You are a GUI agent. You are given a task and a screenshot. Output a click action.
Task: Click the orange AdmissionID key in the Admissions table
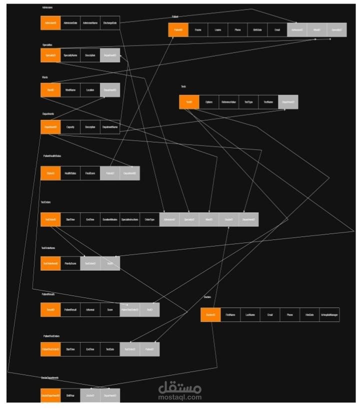click(50, 23)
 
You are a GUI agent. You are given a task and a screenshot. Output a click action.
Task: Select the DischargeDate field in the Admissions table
click(110, 23)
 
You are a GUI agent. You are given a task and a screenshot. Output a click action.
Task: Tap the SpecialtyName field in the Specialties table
click(70, 55)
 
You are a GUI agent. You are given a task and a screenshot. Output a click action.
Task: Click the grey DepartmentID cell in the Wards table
click(110, 90)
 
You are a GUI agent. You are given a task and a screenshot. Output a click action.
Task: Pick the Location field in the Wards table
click(90, 90)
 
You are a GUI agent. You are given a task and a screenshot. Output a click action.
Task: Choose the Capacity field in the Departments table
click(70, 127)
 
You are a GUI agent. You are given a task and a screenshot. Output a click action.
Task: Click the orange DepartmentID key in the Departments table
click(50, 127)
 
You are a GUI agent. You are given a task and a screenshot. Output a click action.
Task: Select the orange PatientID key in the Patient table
click(178, 30)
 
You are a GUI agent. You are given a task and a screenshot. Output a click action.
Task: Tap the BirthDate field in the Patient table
click(257, 30)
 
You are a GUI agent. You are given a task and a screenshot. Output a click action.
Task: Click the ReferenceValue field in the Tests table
click(229, 102)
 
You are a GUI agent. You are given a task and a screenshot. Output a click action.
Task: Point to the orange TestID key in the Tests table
click(189, 102)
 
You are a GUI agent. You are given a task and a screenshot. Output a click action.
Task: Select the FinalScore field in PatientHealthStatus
click(90, 173)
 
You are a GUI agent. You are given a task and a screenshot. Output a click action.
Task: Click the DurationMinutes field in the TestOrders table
click(110, 219)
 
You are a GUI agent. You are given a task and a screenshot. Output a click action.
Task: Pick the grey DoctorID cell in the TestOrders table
click(229, 219)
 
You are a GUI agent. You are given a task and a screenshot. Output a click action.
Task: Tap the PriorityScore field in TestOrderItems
click(70, 263)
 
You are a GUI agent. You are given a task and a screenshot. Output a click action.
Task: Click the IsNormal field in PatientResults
click(90, 309)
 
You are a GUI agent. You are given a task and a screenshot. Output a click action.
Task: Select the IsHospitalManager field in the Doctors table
click(329, 315)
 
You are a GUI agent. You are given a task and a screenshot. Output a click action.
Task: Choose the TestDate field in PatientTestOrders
click(110, 349)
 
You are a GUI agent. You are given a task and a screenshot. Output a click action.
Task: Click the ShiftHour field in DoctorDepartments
click(70, 395)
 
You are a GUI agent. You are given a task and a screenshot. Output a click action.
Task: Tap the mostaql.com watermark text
click(180, 397)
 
